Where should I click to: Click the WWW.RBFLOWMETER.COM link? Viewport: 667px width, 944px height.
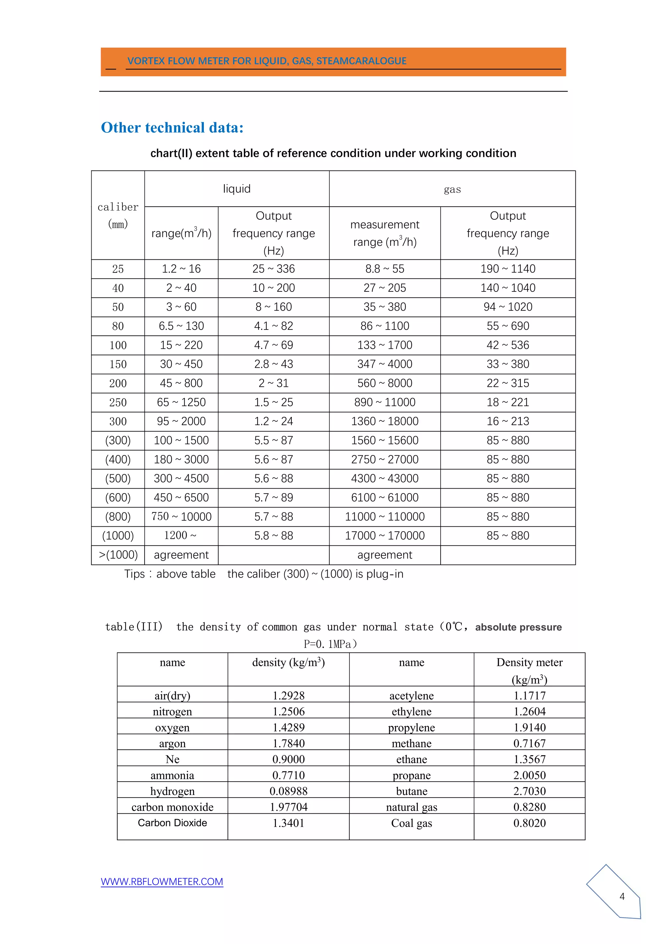[162, 882]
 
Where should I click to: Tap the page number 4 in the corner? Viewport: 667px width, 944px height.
[622, 896]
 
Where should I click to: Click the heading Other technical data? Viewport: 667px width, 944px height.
[172, 127]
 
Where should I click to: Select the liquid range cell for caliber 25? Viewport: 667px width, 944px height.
[181, 269]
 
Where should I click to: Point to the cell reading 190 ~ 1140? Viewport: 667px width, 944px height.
[508, 269]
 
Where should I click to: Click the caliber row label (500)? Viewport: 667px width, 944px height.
[118, 479]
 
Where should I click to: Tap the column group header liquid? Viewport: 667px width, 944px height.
[236, 189]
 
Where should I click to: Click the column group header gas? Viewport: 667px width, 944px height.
[452, 189]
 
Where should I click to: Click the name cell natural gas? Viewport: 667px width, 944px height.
[412, 807]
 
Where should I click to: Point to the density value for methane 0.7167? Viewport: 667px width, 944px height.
[530, 743]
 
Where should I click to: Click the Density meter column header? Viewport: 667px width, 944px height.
[530, 662]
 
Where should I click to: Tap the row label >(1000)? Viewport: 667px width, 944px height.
[118, 555]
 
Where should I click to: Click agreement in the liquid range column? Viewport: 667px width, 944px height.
[181, 555]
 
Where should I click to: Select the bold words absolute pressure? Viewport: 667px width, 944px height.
[518, 627]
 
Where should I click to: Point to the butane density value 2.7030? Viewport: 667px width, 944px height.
[530, 791]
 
